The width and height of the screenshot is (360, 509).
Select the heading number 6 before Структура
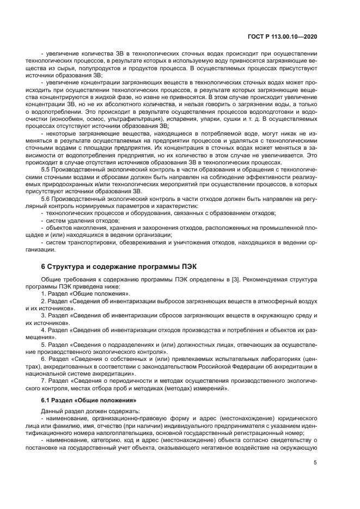tap(43, 266)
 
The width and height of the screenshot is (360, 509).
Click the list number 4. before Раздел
tap(44, 329)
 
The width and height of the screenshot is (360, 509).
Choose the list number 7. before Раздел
tap(44, 380)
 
